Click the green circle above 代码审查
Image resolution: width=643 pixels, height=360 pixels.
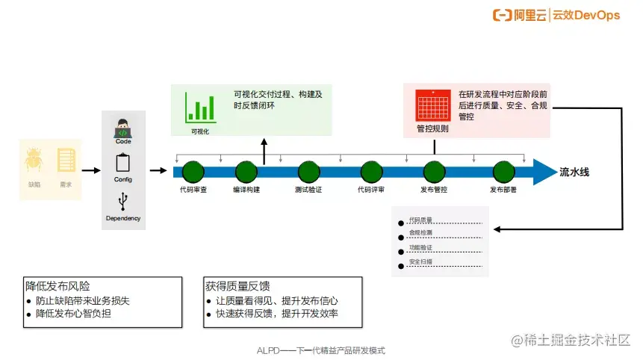point(193,172)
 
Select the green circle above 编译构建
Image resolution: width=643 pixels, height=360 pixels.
point(246,172)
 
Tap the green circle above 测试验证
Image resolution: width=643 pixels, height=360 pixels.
point(308,172)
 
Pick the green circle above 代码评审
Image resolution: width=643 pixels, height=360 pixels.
point(371,172)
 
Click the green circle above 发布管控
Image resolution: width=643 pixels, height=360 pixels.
point(434,172)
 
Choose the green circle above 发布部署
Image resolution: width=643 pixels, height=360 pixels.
point(503,172)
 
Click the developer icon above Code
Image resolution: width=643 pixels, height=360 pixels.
point(123,128)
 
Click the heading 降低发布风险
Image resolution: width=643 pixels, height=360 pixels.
point(58,286)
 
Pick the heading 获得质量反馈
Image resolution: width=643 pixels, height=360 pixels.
point(237,286)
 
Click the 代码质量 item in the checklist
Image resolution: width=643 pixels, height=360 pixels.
point(420,220)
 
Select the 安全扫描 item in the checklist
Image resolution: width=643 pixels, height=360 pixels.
point(420,262)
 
